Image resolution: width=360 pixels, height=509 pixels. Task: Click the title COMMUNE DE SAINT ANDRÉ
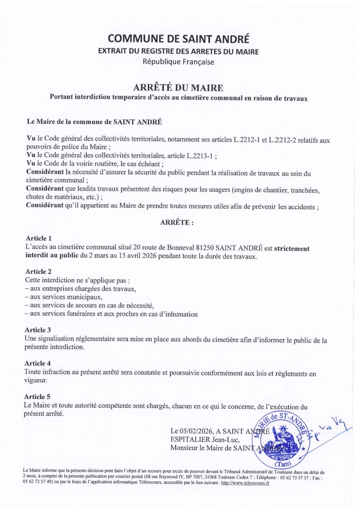point(178,39)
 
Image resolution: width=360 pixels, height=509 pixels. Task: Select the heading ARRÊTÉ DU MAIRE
point(178,88)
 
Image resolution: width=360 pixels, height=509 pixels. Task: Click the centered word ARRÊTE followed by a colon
point(177,223)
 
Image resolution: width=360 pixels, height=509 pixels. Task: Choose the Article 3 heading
point(38,330)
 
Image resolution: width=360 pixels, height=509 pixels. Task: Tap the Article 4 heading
point(38,363)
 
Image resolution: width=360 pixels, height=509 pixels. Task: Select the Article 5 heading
point(38,397)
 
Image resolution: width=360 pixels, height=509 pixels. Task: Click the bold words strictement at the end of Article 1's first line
point(292,248)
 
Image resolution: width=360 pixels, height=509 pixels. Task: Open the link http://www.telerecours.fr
point(245,483)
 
